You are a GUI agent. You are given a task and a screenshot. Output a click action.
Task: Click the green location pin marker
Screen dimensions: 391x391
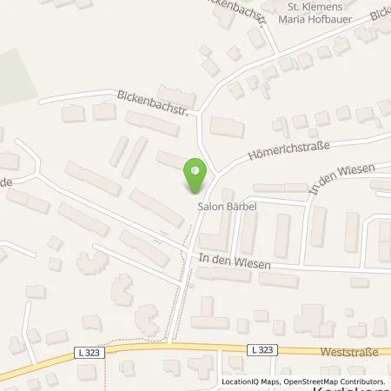[195, 176]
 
